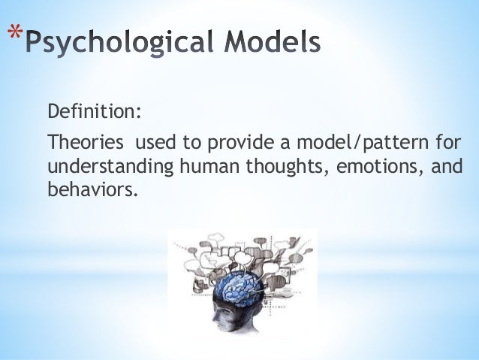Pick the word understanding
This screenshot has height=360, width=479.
click(x=108, y=165)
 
